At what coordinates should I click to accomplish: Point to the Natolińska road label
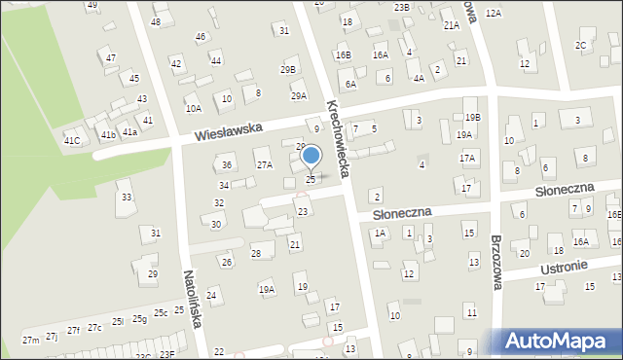194,301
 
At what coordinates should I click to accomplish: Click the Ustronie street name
568,265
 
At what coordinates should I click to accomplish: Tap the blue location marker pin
311,157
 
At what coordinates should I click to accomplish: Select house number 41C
72,141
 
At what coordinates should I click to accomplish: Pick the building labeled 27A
264,165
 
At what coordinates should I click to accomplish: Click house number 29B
288,69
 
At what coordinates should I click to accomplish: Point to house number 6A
350,85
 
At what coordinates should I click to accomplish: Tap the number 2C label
581,46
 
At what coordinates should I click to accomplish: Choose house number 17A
467,158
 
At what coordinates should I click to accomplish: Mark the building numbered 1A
381,234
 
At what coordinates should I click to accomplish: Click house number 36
227,165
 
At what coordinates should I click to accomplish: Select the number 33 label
126,198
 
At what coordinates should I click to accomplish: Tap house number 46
201,37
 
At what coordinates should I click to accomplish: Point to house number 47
111,58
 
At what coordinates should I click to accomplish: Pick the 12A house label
494,13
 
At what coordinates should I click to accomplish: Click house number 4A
419,78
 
